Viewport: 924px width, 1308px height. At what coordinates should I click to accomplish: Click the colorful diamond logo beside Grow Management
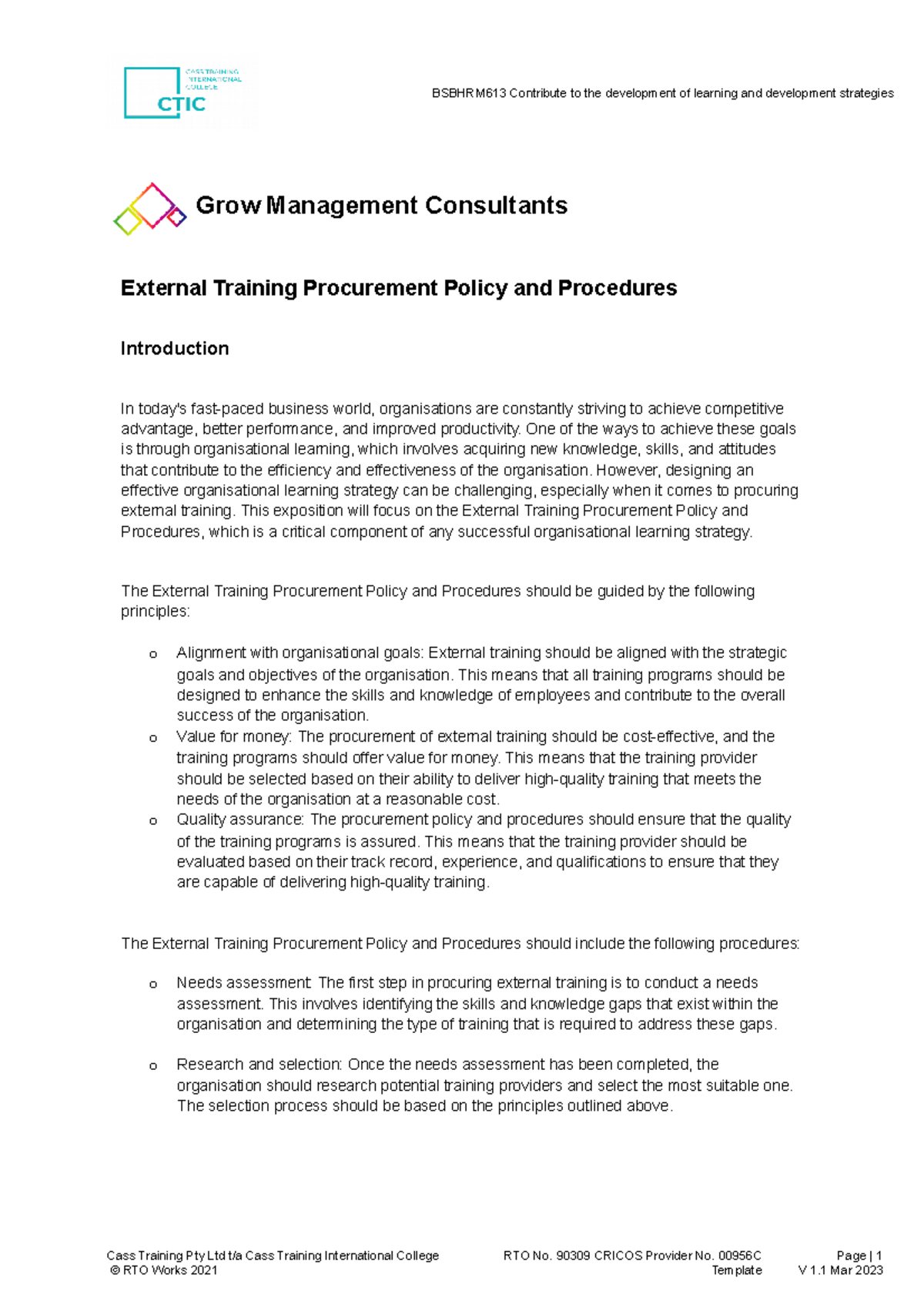point(150,208)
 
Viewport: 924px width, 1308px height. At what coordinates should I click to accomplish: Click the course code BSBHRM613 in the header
point(468,93)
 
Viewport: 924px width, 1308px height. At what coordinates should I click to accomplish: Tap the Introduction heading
point(175,349)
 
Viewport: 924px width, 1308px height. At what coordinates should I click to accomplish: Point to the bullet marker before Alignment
point(153,654)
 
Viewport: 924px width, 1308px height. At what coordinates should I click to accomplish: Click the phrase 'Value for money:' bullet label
point(233,736)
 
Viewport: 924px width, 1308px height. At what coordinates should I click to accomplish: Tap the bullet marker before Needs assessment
point(153,984)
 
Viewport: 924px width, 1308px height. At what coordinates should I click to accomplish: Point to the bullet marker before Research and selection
point(153,1065)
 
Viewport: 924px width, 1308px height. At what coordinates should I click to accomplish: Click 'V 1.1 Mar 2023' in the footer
point(841,1270)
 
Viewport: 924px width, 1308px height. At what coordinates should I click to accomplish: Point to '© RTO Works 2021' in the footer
point(164,1270)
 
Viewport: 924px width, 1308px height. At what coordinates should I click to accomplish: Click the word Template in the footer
point(737,1270)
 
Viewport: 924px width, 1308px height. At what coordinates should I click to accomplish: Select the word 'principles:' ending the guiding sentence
point(155,612)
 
